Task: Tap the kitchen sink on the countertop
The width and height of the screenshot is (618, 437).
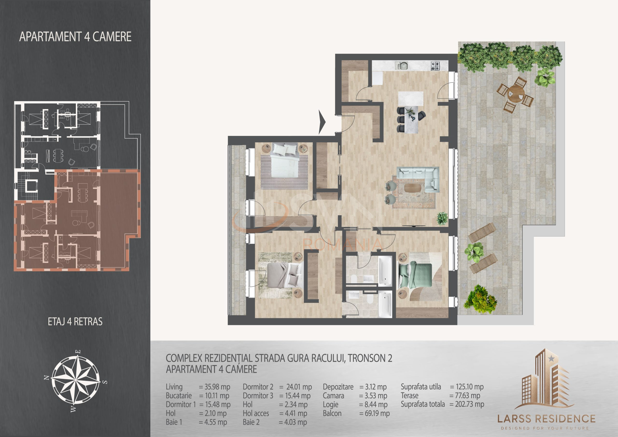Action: point(402,65)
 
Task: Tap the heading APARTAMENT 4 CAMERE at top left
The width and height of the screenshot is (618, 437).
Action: point(75,37)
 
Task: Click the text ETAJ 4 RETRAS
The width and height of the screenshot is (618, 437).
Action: point(75,322)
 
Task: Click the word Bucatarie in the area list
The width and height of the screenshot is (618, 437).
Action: point(179,395)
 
